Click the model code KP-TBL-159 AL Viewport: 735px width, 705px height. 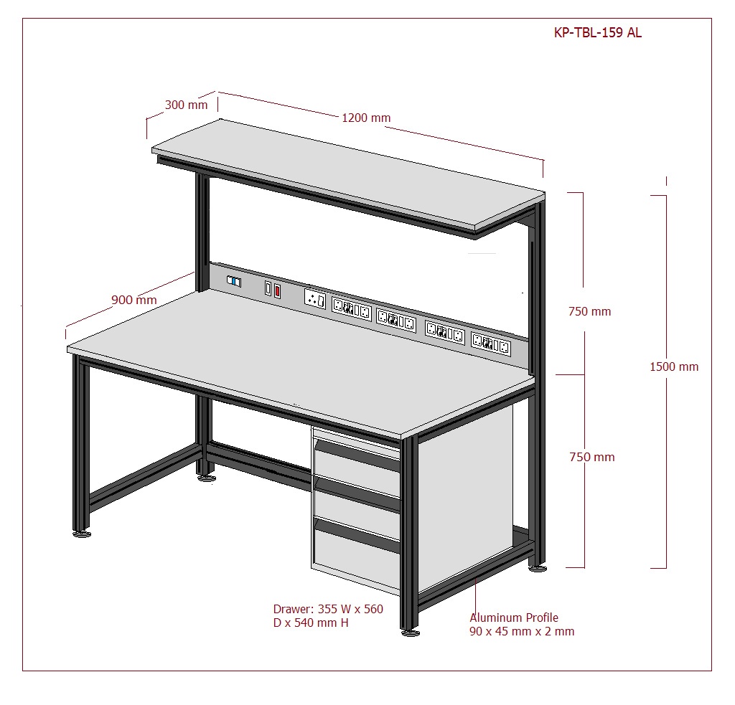pyautogui.click(x=598, y=32)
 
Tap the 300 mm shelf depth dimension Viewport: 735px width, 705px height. pyautogui.click(x=186, y=105)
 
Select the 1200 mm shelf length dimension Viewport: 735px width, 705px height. pyautogui.click(x=366, y=118)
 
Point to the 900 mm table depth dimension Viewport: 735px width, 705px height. pyautogui.click(x=134, y=300)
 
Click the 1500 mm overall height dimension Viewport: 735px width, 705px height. pyautogui.click(x=674, y=366)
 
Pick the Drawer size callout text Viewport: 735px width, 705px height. pyautogui.click(x=328, y=615)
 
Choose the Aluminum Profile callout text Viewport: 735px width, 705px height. pyautogui.click(x=522, y=625)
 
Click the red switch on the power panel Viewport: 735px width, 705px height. pyautogui.click(x=277, y=291)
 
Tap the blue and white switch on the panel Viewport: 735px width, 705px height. pyautogui.click(x=234, y=281)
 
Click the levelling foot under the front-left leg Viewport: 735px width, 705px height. pyautogui.click(x=82, y=534)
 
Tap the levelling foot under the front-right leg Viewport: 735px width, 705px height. pyautogui.click(x=411, y=633)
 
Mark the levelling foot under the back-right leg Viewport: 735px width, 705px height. pyautogui.click(x=538, y=569)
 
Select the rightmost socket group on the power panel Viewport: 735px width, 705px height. pyautogui.click(x=491, y=344)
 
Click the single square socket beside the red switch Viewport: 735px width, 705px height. pyautogui.click(x=315, y=298)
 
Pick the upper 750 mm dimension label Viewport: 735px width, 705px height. pyautogui.click(x=590, y=311)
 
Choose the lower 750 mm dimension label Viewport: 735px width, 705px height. pyautogui.click(x=592, y=457)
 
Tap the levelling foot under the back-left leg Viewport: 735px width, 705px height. pyautogui.click(x=206, y=478)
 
